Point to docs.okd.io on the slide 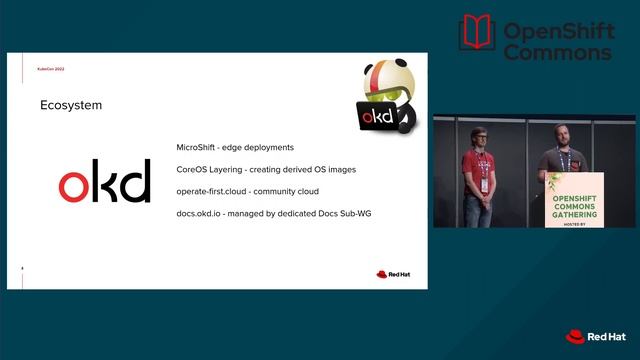[x=200, y=213]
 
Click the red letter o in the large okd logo [x=74, y=186]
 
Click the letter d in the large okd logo [x=136, y=181]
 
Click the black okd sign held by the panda [x=379, y=117]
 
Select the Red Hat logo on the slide [x=394, y=274]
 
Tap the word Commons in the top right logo [x=557, y=52]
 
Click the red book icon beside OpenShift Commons [x=477, y=33]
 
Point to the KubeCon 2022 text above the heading [x=51, y=70]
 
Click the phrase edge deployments [x=262, y=147]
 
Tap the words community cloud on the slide [x=296, y=191]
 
